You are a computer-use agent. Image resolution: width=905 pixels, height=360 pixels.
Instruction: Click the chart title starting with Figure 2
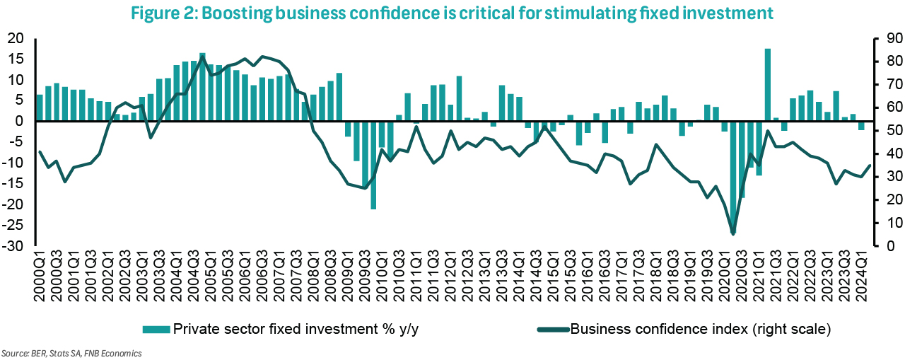pos(452,12)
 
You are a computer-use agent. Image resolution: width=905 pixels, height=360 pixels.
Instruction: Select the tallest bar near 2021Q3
pos(767,84)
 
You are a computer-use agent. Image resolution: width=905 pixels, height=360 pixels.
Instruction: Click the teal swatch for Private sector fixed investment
pos(156,329)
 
